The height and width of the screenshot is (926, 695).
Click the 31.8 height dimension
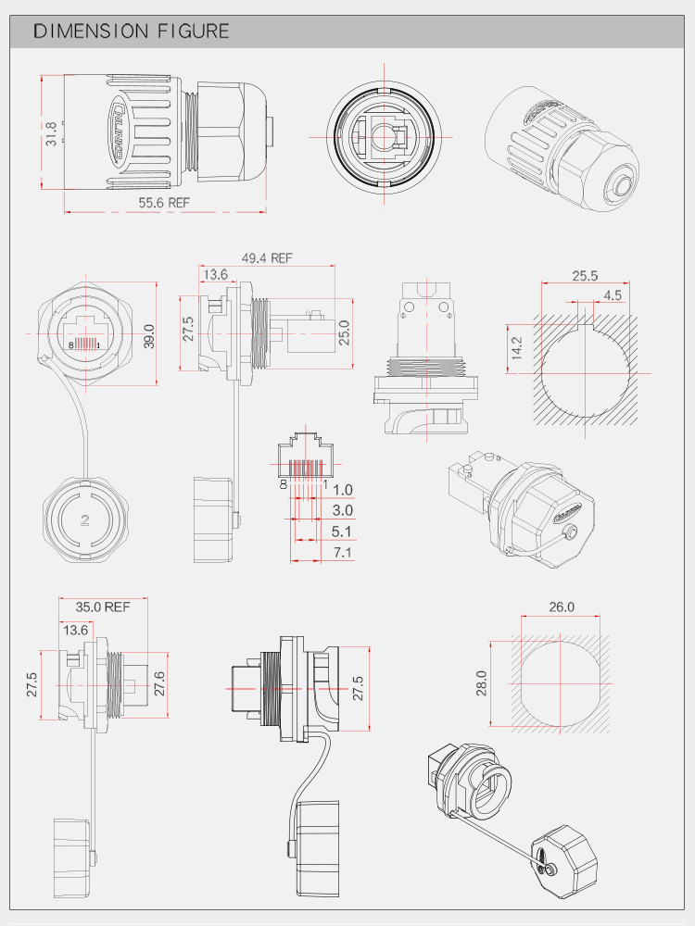tap(52, 133)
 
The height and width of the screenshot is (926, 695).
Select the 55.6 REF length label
tap(164, 202)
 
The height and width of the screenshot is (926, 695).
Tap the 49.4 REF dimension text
tap(267, 258)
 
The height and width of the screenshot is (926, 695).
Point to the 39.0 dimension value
tap(149, 334)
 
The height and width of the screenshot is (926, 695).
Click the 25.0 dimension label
tap(344, 332)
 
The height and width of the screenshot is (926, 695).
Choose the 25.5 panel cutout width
tap(585, 276)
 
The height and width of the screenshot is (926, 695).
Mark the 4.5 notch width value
tap(613, 295)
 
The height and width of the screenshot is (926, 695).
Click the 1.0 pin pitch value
tap(342, 490)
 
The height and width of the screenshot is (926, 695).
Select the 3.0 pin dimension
tap(342, 511)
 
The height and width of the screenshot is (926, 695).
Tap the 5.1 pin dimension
tap(342, 532)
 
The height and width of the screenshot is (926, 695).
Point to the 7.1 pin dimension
tap(342, 554)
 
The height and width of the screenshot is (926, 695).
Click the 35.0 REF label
tap(103, 607)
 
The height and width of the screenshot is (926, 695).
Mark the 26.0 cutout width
tap(562, 607)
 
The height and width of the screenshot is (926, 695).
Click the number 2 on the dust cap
tap(84, 519)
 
